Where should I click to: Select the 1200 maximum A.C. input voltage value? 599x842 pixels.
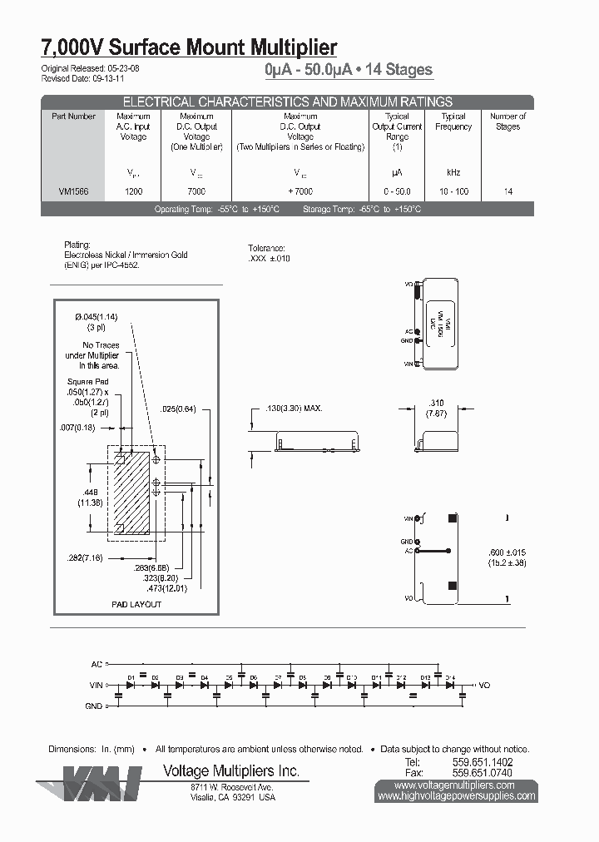pos(133,191)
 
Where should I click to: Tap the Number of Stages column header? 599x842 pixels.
pos(507,121)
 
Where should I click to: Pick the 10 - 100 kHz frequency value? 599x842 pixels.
pos(453,191)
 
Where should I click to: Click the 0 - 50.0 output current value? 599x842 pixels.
pos(397,191)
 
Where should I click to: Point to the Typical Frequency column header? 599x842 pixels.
pos(453,121)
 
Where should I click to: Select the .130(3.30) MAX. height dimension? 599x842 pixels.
pos(293,409)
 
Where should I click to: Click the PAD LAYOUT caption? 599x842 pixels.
pos(136,604)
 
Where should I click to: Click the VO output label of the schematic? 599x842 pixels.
pos(486,686)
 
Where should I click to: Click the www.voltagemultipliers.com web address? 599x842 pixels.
pos(456,785)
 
